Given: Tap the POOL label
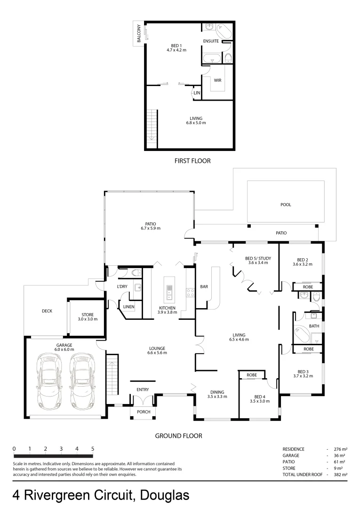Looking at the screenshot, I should [286, 205].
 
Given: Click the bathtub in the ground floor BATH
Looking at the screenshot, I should [302, 335].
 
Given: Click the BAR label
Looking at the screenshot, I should [204, 286].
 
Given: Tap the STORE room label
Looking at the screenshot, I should [88, 315].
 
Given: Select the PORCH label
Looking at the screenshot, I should [144, 412].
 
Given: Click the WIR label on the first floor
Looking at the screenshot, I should [217, 80].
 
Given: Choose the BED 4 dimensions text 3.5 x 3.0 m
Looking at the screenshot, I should [259, 401].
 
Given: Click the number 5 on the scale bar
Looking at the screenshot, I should [93, 449].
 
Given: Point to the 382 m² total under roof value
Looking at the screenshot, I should [340, 475].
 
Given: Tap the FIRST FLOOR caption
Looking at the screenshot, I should [192, 161].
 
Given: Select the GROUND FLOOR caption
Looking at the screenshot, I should [178, 436].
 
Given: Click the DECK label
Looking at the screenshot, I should [47, 311].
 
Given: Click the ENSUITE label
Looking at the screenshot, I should [211, 41].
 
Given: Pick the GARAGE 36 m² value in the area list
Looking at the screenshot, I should [340, 456].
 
